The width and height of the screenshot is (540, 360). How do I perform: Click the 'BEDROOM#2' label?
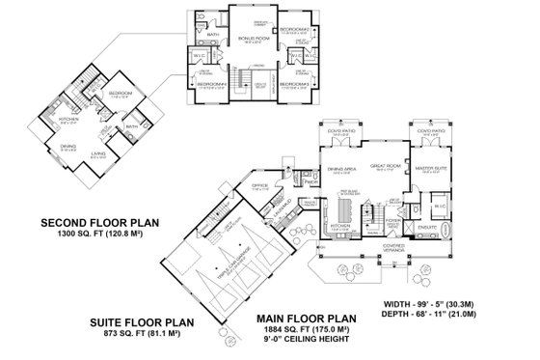click(x=294, y=30)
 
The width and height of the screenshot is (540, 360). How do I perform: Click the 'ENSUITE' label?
click(x=421, y=225)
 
